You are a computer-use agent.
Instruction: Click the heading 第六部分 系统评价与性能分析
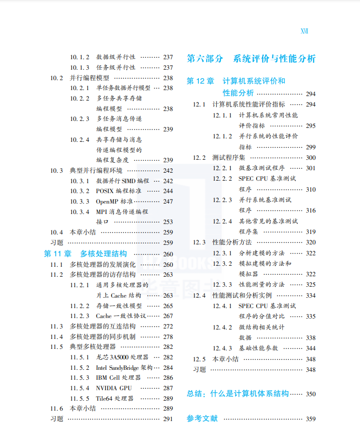(x=251, y=59)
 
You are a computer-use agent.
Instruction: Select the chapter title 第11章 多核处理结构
(x=86, y=254)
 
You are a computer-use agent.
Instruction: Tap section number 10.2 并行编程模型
(x=57, y=78)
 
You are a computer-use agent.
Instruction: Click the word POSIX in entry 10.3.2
(x=104, y=191)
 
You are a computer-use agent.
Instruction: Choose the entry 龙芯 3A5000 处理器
(x=122, y=357)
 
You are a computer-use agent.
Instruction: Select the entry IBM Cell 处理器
(x=118, y=378)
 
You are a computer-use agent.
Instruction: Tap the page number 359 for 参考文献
(x=311, y=419)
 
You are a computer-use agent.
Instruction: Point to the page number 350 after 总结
(x=311, y=394)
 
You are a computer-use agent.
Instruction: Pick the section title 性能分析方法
(x=232, y=242)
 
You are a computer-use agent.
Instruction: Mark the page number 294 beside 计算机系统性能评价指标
(x=311, y=105)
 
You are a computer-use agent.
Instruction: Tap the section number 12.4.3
(x=223, y=348)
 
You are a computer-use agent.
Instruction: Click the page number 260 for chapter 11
(x=168, y=254)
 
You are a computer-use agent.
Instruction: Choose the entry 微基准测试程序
(x=262, y=168)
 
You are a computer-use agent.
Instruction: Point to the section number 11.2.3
(x=80, y=316)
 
